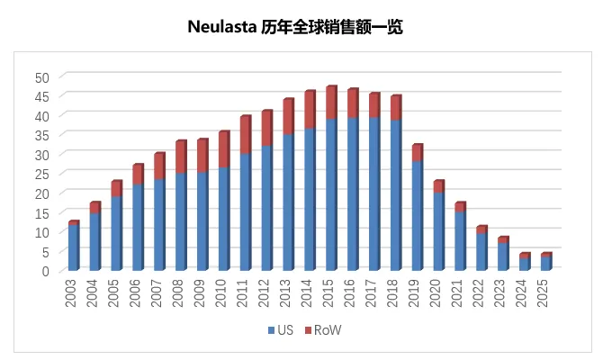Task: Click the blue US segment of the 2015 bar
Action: click(x=330, y=193)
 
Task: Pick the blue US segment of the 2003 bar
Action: click(x=73, y=247)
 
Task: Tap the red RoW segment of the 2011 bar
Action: click(x=245, y=135)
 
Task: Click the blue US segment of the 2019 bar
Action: click(x=417, y=216)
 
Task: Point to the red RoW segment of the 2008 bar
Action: click(x=180, y=157)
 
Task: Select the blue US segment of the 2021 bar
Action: click(x=460, y=240)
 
